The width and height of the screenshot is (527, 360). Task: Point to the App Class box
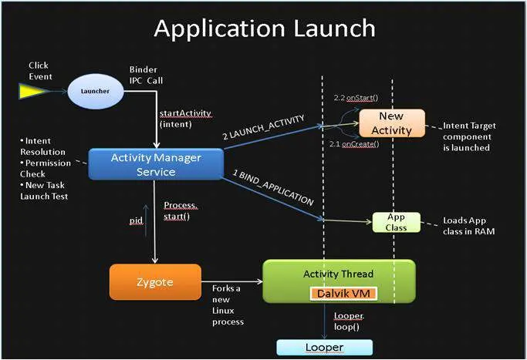tap(397, 222)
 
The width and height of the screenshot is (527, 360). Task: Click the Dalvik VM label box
tap(341, 294)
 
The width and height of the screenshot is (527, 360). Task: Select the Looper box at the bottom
tap(325, 347)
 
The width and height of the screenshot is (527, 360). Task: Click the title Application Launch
tap(264, 29)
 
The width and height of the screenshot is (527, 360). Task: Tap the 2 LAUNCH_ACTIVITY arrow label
tap(263, 128)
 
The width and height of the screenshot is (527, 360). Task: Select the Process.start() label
tap(182, 210)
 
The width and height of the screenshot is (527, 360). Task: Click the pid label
tap(136, 220)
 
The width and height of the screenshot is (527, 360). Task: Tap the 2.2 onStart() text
tap(354, 99)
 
